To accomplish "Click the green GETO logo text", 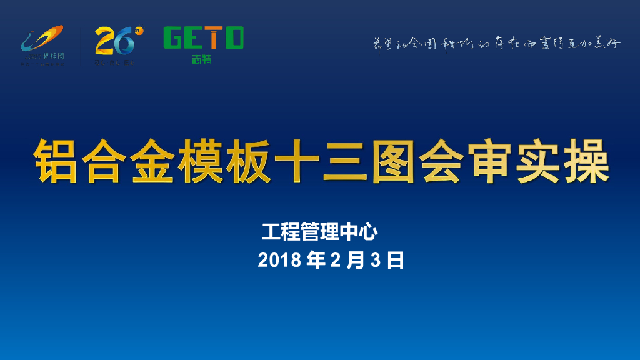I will click(x=203, y=37).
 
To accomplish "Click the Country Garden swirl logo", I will click(x=42, y=41).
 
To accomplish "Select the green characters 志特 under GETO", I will click(x=202, y=59).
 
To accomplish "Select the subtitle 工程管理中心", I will click(x=319, y=232).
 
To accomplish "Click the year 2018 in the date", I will click(x=279, y=261).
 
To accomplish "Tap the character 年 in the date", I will click(x=316, y=261).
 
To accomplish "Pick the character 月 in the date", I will click(x=356, y=261).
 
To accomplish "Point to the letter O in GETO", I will click(x=234, y=37).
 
